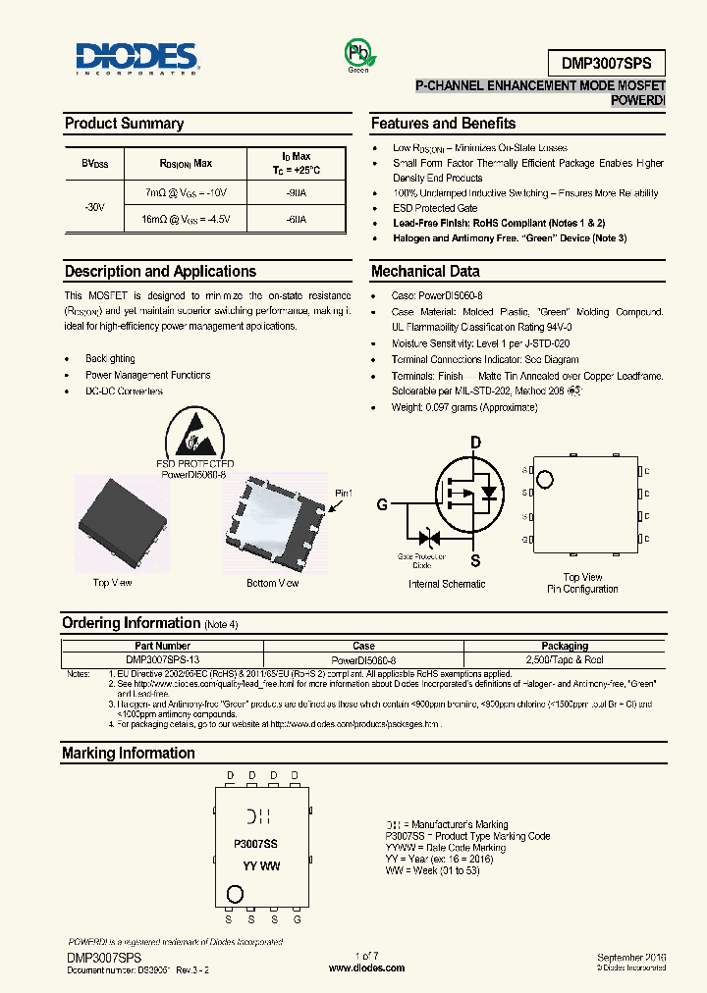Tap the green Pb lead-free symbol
pos(357,53)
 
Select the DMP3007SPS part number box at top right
pos(607,63)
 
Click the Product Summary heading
pos(124,124)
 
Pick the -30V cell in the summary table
pos(94,207)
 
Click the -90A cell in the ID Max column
pos(296,193)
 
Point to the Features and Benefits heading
pos(443,124)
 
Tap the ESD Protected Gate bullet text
pos(435,208)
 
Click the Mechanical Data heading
pos(425,272)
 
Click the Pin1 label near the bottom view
pos(343,493)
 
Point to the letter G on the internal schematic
pos(382,505)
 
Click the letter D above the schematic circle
pos(475,444)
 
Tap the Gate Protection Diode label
pos(421,560)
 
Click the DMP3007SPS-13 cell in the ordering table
pos(163,660)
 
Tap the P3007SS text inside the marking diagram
pos(255,843)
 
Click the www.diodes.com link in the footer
pos(366,967)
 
